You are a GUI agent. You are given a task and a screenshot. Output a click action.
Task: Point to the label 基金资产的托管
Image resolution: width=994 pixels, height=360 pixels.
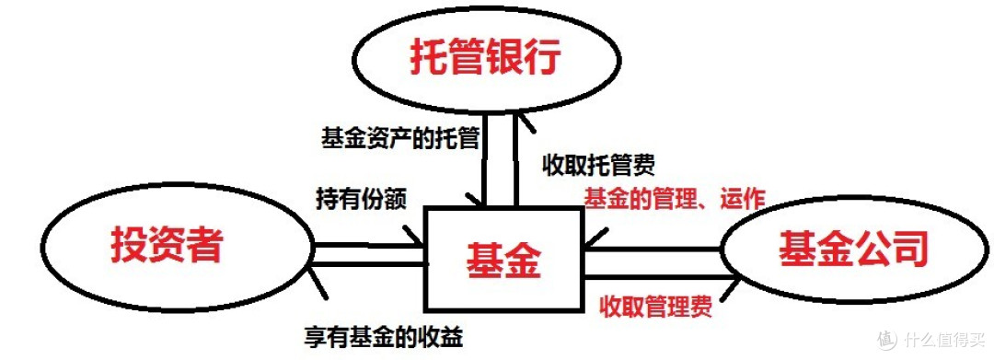pyautogui.click(x=399, y=139)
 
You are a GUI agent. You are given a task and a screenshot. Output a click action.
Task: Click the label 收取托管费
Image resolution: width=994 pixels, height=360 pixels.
pyautogui.click(x=598, y=167)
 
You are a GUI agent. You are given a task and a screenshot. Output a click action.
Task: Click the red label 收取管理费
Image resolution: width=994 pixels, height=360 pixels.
pyautogui.click(x=654, y=304)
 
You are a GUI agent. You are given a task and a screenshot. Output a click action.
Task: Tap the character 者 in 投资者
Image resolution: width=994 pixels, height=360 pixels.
pyautogui.click(x=203, y=244)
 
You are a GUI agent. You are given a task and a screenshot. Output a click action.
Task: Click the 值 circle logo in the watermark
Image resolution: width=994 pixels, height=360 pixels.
pyautogui.click(x=885, y=337)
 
